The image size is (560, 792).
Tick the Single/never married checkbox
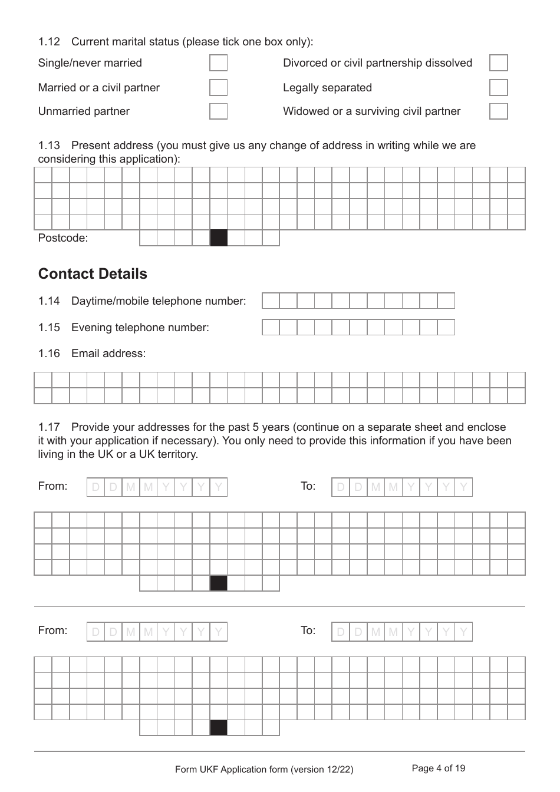(x=218, y=63)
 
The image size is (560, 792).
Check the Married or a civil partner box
(x=218, y=88)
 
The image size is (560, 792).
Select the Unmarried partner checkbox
(x=218, y=111)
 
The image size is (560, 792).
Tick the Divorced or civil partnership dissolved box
(x=498, y=63)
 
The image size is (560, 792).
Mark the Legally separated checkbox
(x=498, y=88)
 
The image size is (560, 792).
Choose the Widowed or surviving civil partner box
(x=498, y=111)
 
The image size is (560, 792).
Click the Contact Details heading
(x=93, y=274)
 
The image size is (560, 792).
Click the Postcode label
(x=62, y=238)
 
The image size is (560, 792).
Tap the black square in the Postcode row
(x=219, y=238)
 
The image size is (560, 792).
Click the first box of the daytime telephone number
(x=271, y=301)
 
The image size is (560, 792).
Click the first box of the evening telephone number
(x=271, y=328)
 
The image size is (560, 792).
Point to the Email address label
(x=108, y=354)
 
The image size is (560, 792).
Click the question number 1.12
(x=49, y=42)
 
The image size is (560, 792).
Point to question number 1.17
(x=49, y=427)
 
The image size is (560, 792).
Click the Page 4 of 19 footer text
(x=438, y=768)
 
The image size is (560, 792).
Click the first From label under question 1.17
(x=52, y=486)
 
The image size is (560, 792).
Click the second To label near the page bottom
(x=308, y=631)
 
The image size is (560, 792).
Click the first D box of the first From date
(x=95, y=487)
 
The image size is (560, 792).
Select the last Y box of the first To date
(x=463, y=487)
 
